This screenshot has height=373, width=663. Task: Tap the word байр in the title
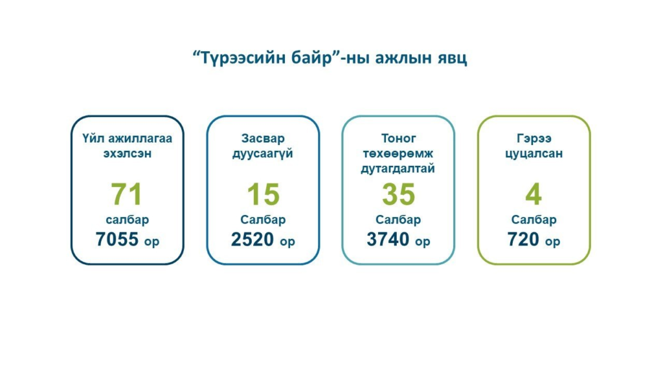click(x=311, y=58)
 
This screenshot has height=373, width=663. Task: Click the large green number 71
click(x=126, y=194)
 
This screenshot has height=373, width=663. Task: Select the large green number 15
click(x=263, y=194)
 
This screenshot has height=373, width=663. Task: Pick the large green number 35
click(x=398, y=194)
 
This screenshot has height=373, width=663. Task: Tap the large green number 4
click(x=534, y=194)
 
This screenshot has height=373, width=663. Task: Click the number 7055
click(x=117, y=240)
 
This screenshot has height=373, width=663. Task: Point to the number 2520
click(x=253, y=240)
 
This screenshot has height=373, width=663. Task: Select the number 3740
click(x=388, y=240)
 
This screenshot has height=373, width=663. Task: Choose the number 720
click(x=523, y=240)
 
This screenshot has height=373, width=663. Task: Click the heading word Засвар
click(x=263, y=139)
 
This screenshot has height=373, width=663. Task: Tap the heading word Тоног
click(x=398, y=139)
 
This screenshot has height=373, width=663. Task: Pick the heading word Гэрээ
click(x=534, y=139)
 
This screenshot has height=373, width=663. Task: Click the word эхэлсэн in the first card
click(x=128, y=153)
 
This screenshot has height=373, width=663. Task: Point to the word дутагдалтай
click(x=398, y=169)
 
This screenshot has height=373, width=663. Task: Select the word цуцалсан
click(x=534, y=154)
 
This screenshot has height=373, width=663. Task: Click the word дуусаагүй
click(x=263, y=154)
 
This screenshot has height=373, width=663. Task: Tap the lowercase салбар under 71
click(x=128, y=220)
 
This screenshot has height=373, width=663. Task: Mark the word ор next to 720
click(x=553, y=242)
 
